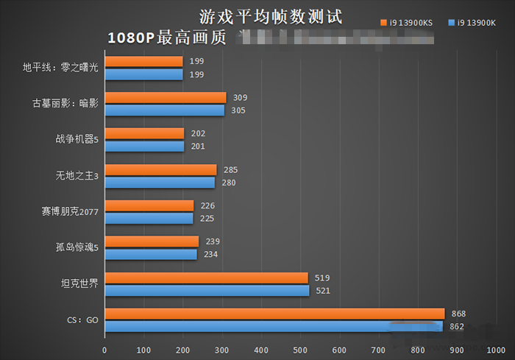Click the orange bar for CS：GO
click(274, 314)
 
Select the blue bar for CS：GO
click(274, 326)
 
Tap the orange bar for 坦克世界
click(206, 278)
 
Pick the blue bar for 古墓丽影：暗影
click(165, 110)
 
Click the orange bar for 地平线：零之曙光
click(143, 62)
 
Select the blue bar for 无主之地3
click(160, 183)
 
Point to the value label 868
click(459, 314)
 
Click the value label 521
click(323, 290)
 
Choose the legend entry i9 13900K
click(477, 23)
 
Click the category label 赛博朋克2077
click(71, 212)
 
